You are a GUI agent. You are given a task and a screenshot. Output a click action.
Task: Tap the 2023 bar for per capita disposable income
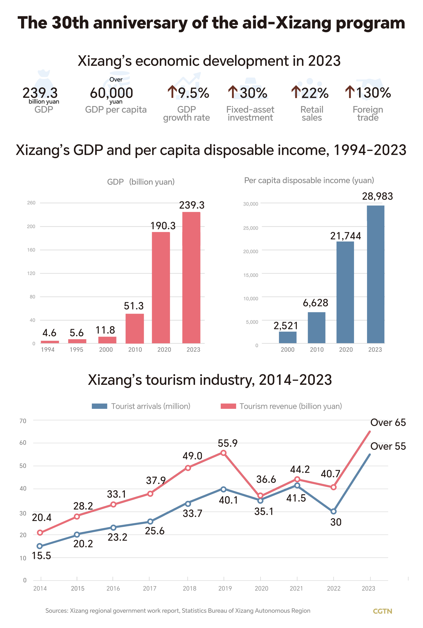click(375, 274)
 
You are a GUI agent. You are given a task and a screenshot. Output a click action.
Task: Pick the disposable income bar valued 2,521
click(288, 337)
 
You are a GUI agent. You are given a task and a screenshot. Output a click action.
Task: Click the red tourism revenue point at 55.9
click(223, 453)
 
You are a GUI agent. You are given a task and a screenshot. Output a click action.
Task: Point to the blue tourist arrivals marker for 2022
click(333, 511)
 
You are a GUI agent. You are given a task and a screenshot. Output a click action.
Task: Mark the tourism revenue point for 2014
click(40, 533)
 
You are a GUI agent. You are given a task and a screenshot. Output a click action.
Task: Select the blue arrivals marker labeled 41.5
click(297, 485)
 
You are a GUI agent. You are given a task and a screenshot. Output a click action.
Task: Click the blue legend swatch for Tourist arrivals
click(99, 406)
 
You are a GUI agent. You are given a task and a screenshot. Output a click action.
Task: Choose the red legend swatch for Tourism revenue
click(228, 406)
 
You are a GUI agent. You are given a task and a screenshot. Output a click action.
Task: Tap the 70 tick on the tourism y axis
click(23, 421)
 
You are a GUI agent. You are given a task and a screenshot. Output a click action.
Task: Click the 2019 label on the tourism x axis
click(225, 588)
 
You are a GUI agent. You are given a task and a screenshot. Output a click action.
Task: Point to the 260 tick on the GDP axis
click(31, 203)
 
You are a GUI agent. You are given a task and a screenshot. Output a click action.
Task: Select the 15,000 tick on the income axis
click(251, 275)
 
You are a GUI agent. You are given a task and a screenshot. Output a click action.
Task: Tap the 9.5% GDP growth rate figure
click(193, 93)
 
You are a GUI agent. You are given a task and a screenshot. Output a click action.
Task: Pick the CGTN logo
click(382, 611)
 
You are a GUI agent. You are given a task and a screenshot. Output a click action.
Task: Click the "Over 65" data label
click(388, 422)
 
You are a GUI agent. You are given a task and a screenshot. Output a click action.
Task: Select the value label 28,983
click(377, 196)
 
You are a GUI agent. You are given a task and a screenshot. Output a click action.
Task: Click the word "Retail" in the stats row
click(312, 109)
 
